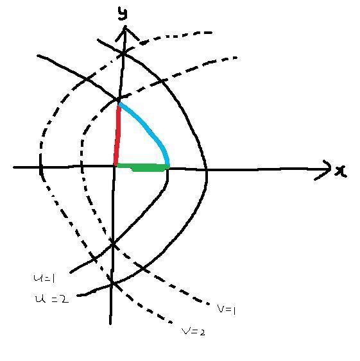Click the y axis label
point(123,13)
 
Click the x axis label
point(341,171)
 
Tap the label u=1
point(44,278)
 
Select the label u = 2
point(52,299)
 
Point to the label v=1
point(227,310)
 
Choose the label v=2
point(193,332)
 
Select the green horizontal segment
point(143,167)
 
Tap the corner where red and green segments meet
point(116,165)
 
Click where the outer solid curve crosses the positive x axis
point(206,170)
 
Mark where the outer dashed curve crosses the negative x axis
point(41,167)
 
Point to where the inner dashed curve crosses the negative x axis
point(82,166)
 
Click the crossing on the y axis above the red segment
point(123,53)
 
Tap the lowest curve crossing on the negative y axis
point(112,283)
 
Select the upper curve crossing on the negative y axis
point(113,244)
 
